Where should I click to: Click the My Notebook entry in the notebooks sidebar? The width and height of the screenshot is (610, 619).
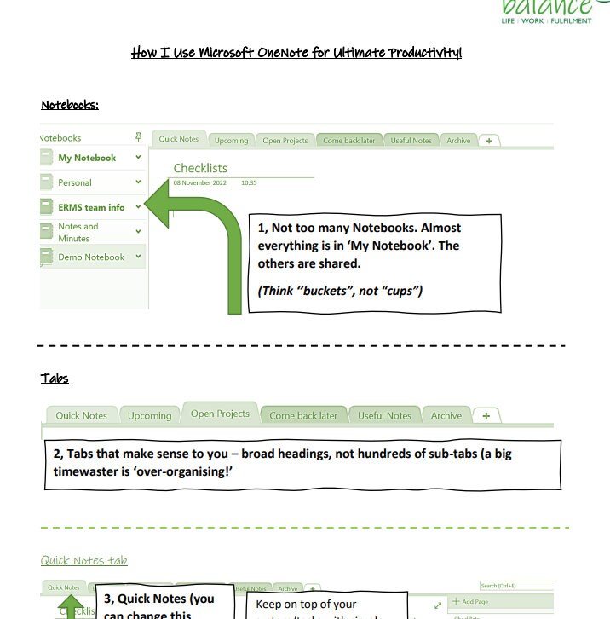(86, 158)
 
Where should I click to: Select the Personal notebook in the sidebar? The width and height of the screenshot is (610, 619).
(75, 182)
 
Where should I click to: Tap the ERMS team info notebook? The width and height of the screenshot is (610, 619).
(91, 207)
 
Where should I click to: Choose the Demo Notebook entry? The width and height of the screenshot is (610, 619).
(90, 257)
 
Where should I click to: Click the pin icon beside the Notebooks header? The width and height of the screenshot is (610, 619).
(139, 137)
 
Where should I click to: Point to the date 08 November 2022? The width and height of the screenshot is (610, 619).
(199, 182)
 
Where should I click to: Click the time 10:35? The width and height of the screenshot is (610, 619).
(249, 182)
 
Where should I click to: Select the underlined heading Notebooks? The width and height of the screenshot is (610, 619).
(70, 105)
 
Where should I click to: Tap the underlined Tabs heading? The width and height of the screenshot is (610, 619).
(55, 378)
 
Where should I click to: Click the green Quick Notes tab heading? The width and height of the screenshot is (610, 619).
(84, 560)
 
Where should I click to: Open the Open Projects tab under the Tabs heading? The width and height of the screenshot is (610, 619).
(220, 414)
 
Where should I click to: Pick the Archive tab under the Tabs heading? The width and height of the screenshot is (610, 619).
(446, 416)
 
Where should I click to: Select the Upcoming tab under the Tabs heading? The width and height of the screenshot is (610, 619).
(149, 416)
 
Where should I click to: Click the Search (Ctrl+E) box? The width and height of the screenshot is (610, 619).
(515, 586)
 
